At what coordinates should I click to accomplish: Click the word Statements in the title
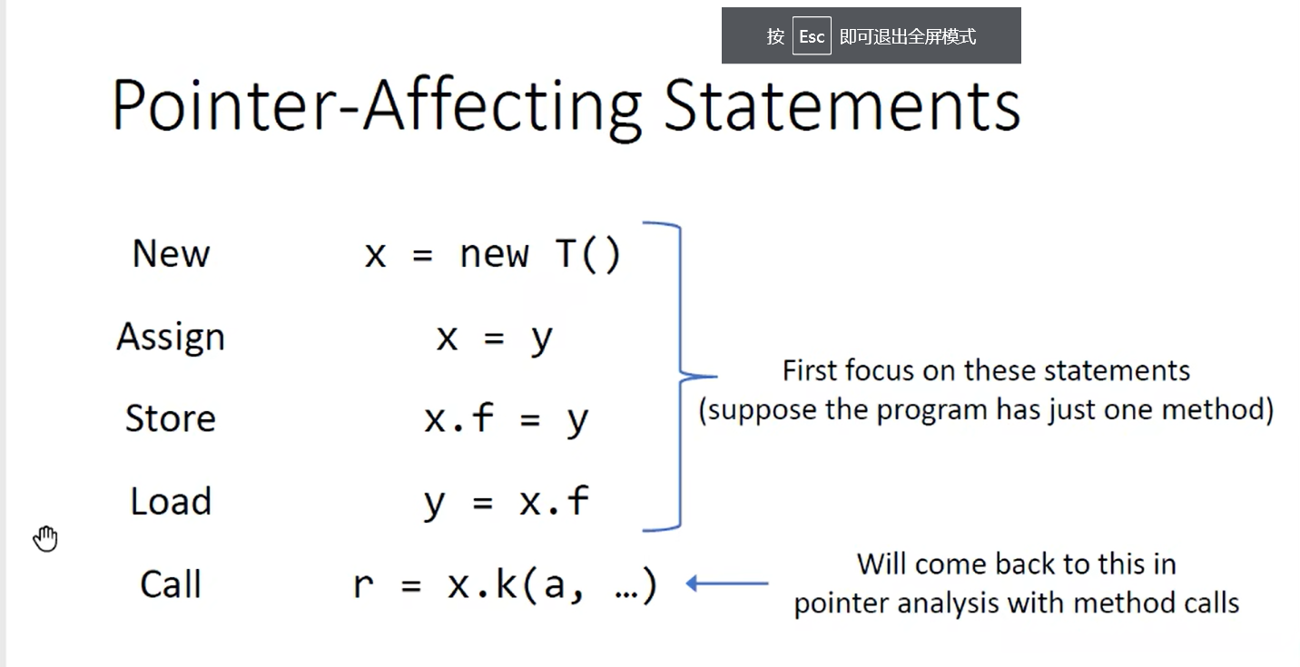point(842,106)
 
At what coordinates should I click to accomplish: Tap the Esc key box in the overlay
point(812,36)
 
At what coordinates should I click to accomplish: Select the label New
point(171,253)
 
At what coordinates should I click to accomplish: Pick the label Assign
point(171,338)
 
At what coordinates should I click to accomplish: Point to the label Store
point(171,418)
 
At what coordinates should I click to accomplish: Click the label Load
point(171,501)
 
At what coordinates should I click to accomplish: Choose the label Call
point(171,584)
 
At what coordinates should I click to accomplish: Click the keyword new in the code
point(494,255)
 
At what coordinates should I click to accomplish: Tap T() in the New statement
point(588,255)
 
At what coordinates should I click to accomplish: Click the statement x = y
point(495,338)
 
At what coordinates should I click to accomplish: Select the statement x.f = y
point(506,418)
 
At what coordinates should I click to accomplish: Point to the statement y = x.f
point(506,502)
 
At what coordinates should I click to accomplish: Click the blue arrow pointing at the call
point(727,583)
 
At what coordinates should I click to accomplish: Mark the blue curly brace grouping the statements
point(680,377)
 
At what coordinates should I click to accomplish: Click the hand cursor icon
point(45,539)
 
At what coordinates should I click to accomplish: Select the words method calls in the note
point(1156,603)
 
